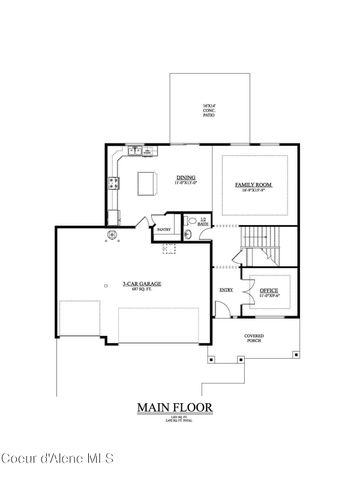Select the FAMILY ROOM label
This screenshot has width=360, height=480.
click(253, 184)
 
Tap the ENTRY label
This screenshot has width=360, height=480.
click(226, 291)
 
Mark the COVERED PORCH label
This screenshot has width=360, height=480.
click(254, 339)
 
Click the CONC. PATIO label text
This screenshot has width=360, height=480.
click(209, 112)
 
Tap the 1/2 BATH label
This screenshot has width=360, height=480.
click(202, 222)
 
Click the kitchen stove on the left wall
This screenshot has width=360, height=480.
click(113, 183)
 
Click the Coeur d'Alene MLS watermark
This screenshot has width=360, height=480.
click(58, 459)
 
